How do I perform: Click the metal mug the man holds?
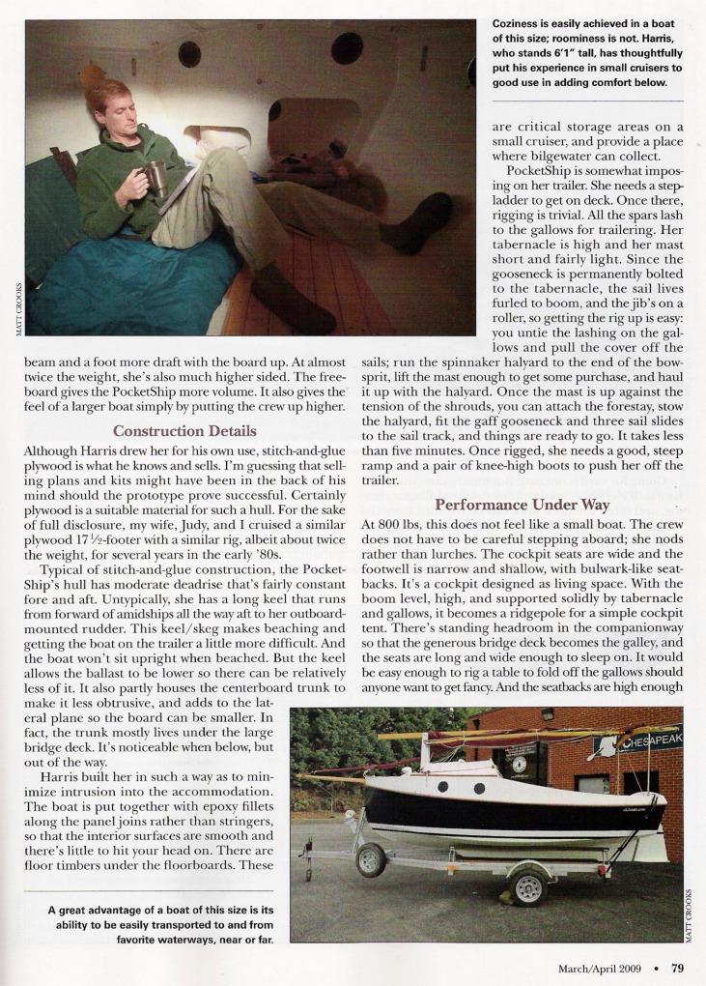[155, 178]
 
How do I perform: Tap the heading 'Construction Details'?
[184, 430]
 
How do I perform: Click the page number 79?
[678, 968]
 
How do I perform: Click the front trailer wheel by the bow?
[370, 859]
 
